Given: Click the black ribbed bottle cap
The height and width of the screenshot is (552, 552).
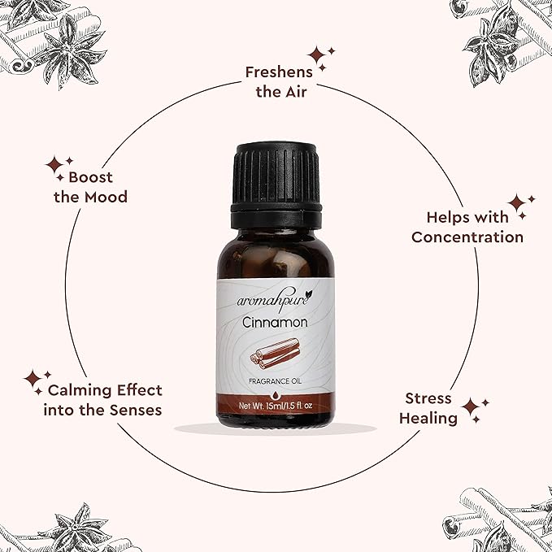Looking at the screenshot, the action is [x=276, y=186].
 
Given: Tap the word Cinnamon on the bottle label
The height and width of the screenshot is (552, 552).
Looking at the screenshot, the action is [x=275, y=323].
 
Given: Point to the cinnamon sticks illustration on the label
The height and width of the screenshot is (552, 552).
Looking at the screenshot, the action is [x=275, y=354].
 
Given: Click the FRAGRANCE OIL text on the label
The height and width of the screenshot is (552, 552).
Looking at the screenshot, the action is [x=275, y=381].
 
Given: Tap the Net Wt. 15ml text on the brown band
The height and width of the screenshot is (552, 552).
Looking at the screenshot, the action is [x=260, y=406].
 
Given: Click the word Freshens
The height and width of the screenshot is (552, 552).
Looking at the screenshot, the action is [x=279, y=72].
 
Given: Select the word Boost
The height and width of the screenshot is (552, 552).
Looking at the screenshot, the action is [x=90, y=177].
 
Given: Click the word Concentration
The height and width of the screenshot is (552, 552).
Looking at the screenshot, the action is [x=467, y=237].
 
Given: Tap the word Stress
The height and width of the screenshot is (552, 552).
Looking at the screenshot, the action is [x=428, y=398].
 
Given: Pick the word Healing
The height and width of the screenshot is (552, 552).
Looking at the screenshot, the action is [x=428, y=419].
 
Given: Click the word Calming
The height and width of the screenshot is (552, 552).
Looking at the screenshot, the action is [x=80, y=390].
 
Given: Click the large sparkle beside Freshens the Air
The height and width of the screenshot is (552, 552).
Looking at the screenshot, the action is [x=316, y=55].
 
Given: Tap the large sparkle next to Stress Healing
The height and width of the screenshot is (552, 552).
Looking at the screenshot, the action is [x=471, y=407].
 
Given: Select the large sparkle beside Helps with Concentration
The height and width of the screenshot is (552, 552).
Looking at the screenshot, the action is [x=516, y=202].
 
